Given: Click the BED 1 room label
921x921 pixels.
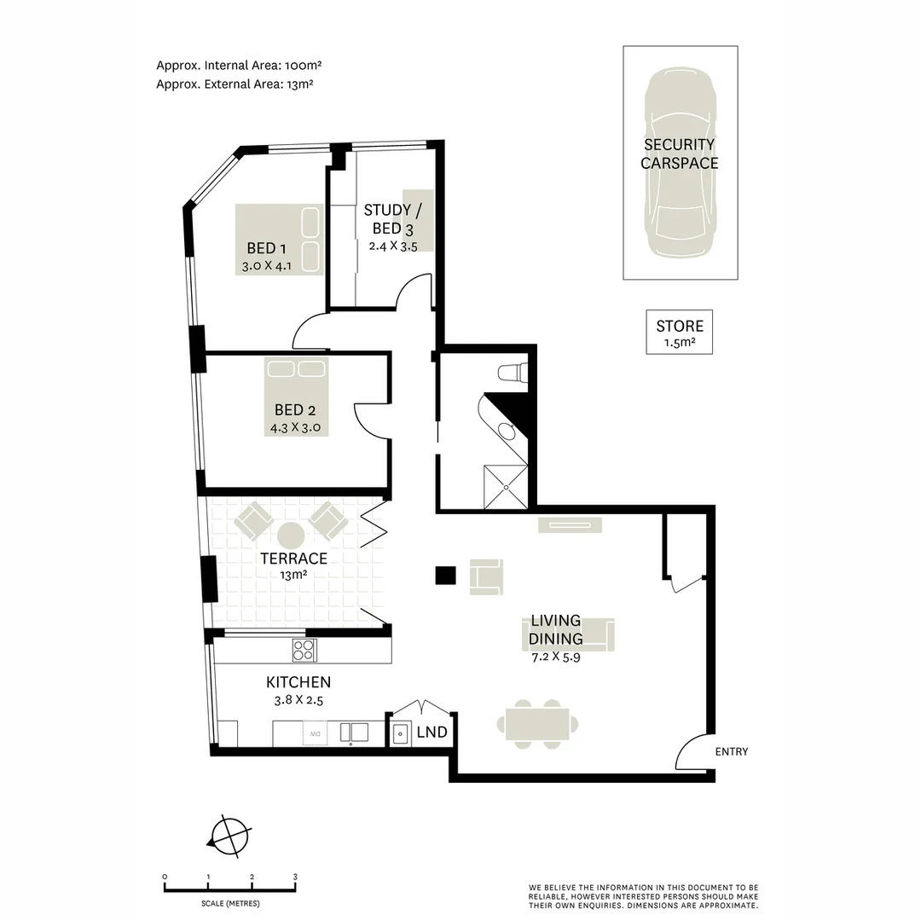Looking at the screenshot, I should (x=266, y=248).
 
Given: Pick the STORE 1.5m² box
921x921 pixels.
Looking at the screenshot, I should (x=680, y=333).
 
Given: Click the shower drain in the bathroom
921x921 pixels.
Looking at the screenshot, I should (x=507, y=487).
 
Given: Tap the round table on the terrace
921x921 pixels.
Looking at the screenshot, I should (x=291, y=536).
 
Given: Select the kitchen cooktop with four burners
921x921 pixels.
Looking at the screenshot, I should (x=304, y=651).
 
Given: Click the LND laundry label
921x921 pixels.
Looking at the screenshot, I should (x=432, y=733).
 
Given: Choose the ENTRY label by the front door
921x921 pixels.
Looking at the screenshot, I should (x=732, y=751).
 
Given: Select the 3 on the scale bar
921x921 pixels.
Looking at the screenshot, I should (x=295, y=877).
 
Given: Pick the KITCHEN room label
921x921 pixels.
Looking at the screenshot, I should (x=298, y=682).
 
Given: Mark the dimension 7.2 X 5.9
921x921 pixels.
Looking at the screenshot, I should (x=555, y=657).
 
